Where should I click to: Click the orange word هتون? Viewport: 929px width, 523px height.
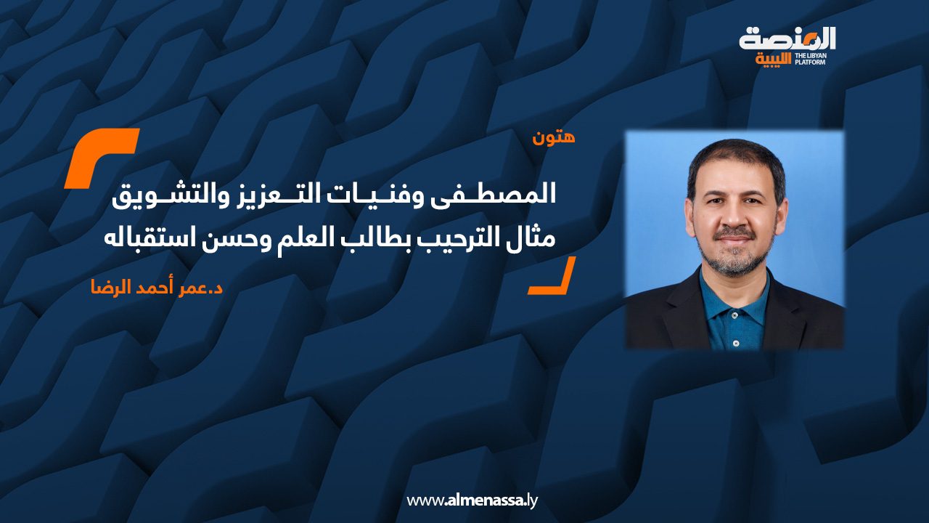point(554,137)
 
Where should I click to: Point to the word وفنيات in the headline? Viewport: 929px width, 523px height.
point(368,196)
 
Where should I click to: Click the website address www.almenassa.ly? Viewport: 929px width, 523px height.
point(472,500)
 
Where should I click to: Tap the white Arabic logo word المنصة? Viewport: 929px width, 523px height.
point(787,39)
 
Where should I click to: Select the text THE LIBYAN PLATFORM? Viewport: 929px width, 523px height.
point(810,59)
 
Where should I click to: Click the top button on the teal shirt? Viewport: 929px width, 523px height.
point(735,315)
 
